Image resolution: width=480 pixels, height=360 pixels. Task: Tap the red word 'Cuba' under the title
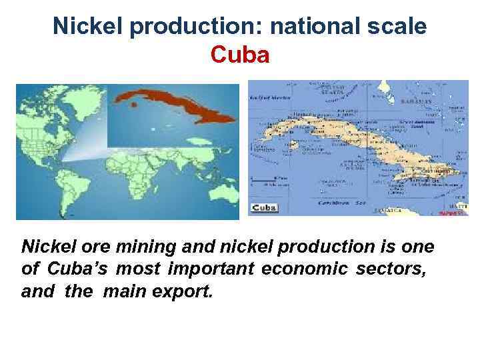(240, 55)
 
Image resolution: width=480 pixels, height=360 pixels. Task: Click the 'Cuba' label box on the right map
(264, 208)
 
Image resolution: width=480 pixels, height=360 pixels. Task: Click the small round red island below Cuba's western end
(134, 105)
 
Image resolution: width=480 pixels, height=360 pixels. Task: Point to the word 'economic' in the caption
(308, 269)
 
